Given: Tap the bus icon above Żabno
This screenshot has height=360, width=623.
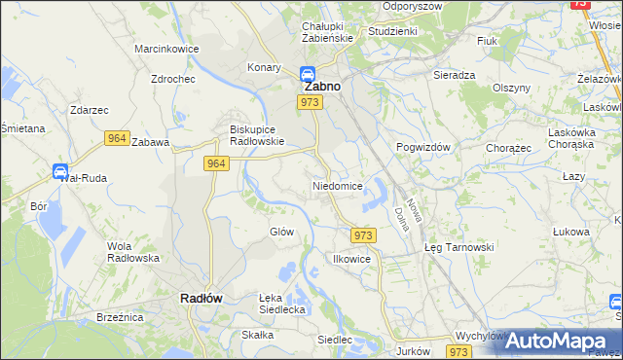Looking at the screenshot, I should (x=306, y=72).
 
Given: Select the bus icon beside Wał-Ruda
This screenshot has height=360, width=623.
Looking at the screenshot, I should (x=59, y=171).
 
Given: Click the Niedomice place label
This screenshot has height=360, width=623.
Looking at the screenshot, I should (x=338, y=185).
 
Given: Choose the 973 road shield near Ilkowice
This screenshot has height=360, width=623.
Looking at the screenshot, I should (x=362, y=235).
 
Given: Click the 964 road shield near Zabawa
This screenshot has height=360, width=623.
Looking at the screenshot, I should (x=117, y=139).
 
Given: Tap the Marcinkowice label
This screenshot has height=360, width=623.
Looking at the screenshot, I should (x=166, y=49).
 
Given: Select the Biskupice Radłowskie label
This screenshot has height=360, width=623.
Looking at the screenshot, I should (x=254, y=134).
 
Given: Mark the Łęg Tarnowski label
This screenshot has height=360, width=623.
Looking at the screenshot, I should (x=459, y=247).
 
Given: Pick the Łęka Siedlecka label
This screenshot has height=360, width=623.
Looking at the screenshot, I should (x=282, y=304).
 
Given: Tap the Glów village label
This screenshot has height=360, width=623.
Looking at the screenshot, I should (x=281, y=232).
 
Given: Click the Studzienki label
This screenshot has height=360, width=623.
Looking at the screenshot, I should (x=392, y=31).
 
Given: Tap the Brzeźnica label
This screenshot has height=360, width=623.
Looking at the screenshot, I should (x=120, y=317).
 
